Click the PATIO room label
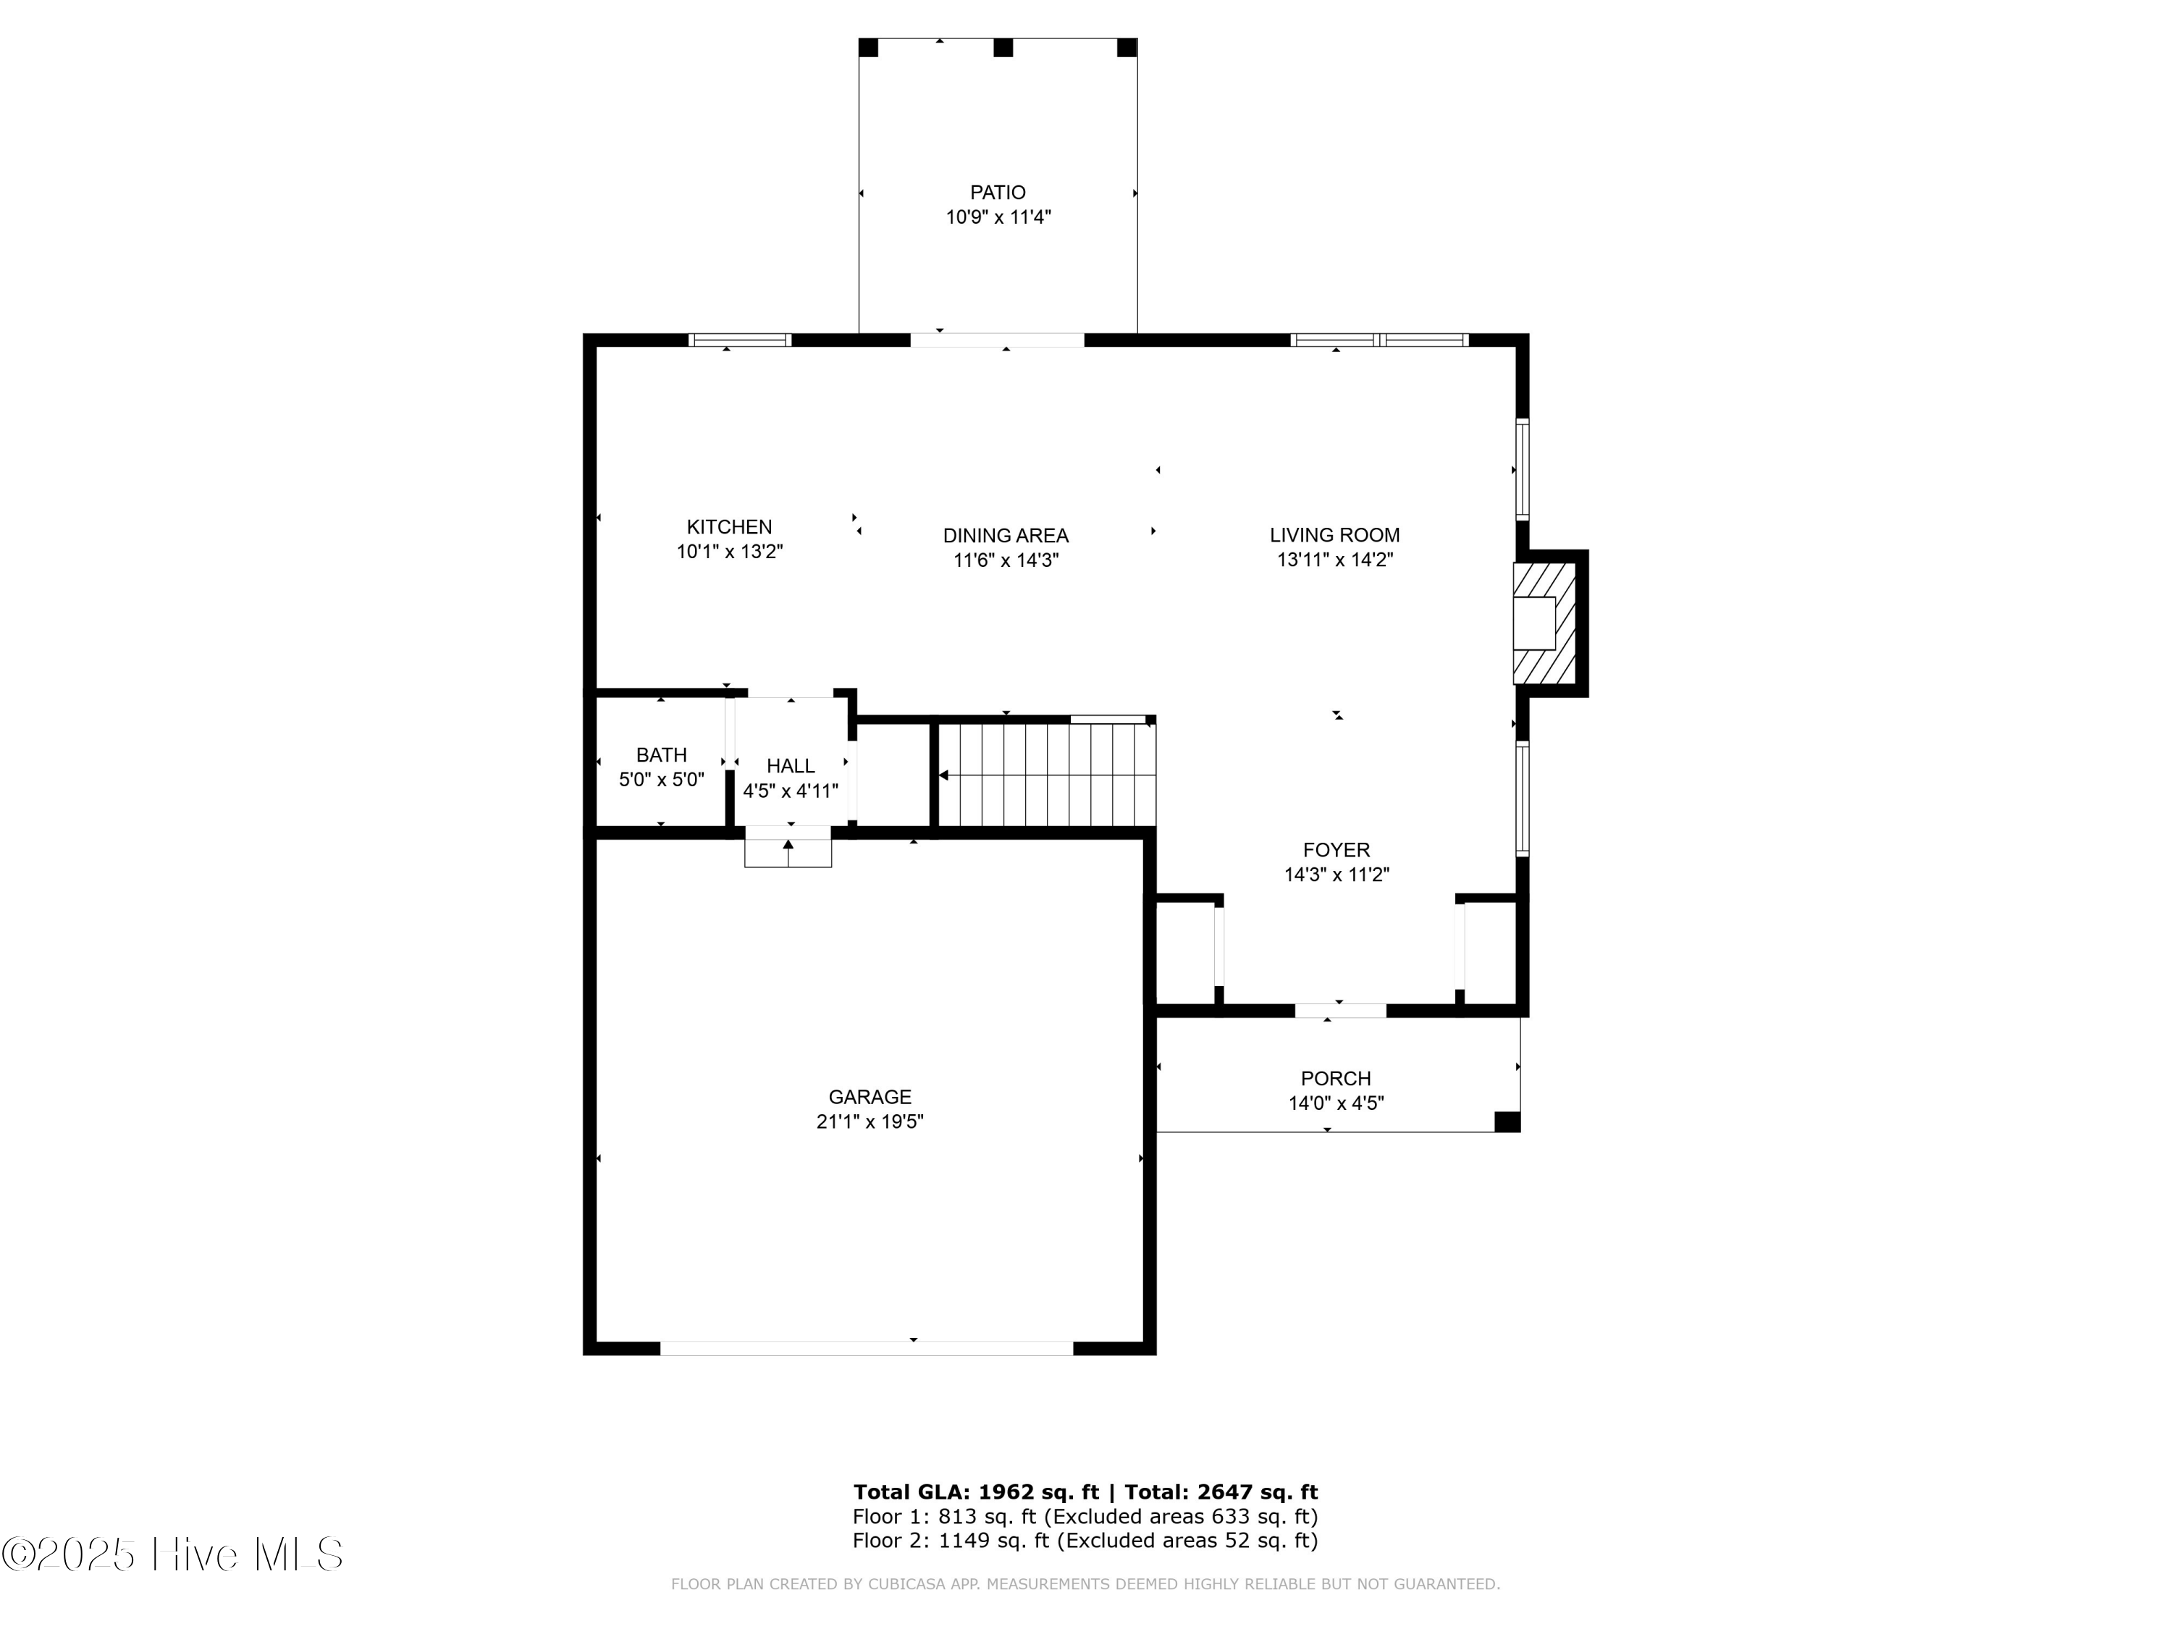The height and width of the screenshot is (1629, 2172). (x=998, y=193)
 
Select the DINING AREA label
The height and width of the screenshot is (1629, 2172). (x=1006, y=535)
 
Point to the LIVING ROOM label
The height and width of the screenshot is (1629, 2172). (x=1334, y=535)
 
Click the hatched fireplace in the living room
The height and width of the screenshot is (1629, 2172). (x=1544, y=621)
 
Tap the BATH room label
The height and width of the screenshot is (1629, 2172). (x=661, y=755)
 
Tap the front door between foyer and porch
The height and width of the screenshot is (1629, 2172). (x=1340, y=1011)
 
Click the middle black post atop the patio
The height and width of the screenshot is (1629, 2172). (x=1003, y=48)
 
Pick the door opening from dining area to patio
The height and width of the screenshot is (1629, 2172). (x=997, y=340)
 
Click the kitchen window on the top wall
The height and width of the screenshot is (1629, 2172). (x=739, y=340)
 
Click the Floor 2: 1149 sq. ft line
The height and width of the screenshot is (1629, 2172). (x=1084, y=1541)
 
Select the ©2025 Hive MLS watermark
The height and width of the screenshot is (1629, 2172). (x=173, y=1554)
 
